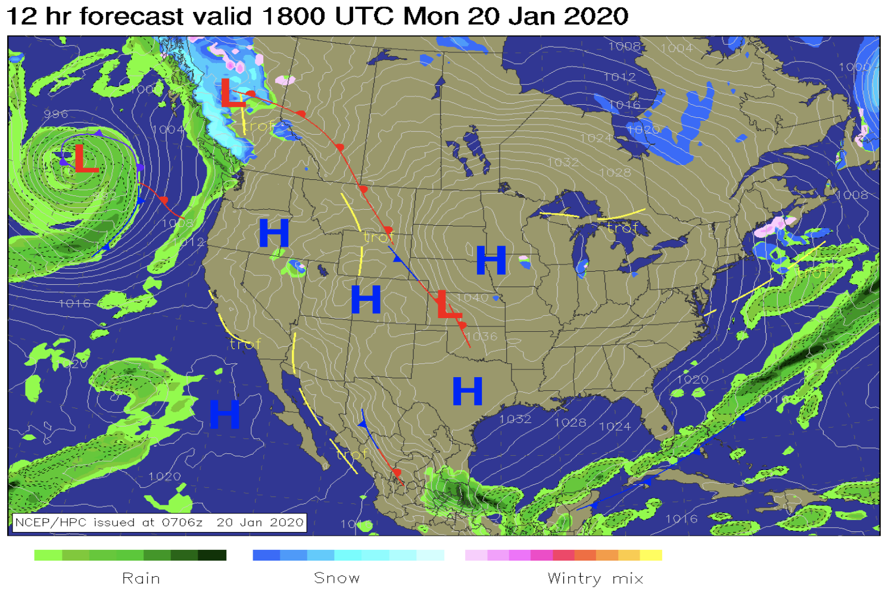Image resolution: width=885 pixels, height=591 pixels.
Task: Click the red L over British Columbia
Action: pos(232,94)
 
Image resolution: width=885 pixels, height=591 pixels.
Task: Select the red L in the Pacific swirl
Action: pos(85,159)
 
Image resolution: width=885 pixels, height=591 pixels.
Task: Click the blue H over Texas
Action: pos(468,391)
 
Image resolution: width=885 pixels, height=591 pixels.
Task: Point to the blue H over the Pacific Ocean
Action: pos(225,414)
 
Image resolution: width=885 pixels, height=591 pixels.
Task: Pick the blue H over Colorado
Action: pos(366,299)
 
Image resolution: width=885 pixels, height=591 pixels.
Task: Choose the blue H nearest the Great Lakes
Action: pos(491,260)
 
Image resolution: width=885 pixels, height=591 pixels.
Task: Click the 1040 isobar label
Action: pos(472,297)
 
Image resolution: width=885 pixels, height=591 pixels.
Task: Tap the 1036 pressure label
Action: pos(481,337)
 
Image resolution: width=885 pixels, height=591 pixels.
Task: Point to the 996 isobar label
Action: pos(55,114)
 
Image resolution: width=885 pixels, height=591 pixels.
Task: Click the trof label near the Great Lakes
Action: pos(622,228)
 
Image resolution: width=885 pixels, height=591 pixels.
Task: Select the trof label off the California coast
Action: pos(245,344)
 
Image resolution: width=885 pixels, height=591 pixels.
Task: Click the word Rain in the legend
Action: pos(141,578)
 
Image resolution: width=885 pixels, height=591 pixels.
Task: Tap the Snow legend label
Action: pos(336,578)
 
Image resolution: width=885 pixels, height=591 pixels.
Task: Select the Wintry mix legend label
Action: pos(595,578)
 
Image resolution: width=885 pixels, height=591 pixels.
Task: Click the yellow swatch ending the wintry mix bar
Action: pos(651,555)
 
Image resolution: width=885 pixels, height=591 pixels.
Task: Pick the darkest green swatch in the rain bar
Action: pos(213,555)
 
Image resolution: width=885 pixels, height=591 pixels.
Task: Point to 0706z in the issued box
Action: pos(182,522)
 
